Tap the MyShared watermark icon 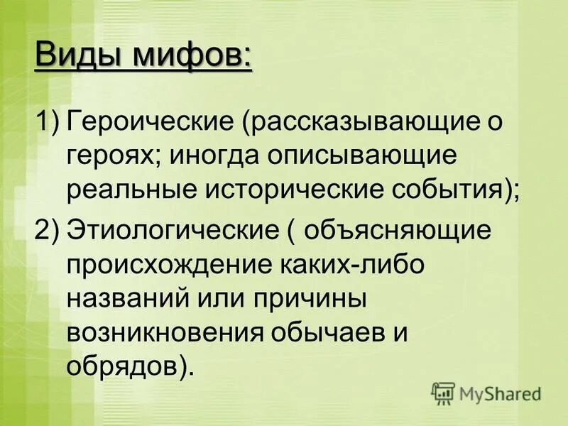click(444, 393)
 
